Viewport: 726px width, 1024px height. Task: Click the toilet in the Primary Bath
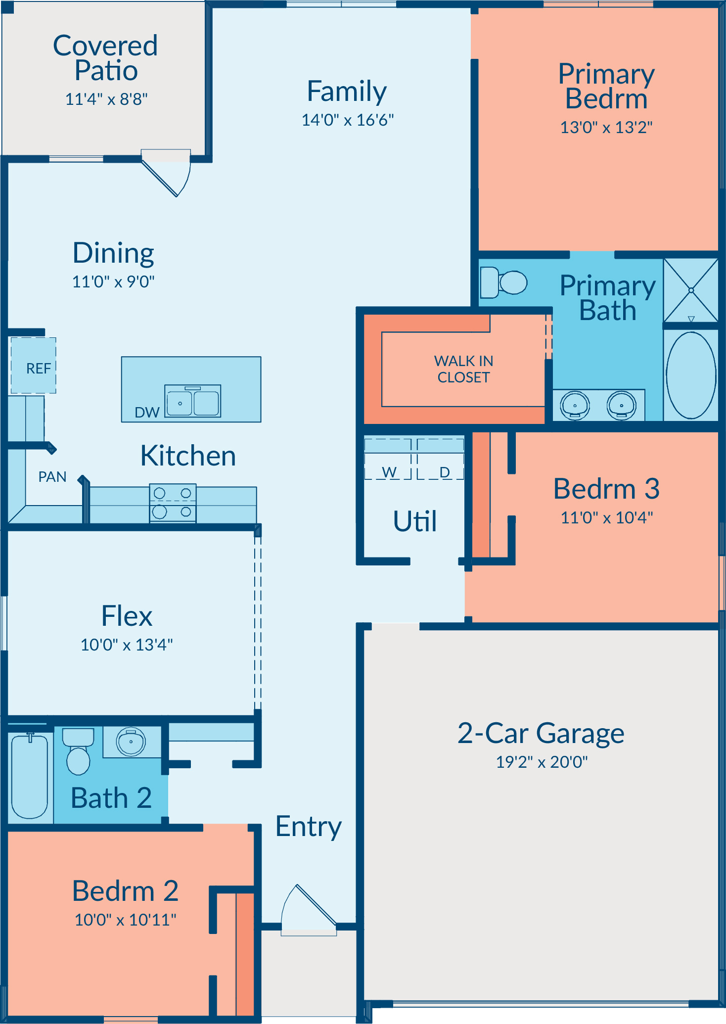click(x=503, y=282)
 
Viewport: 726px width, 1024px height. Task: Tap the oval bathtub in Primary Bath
click(x=691, y=375)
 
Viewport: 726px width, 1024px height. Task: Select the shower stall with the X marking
click(x=691, y=290)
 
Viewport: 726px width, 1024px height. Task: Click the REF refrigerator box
click(x=34, y=366)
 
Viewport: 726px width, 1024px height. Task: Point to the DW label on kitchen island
click(x=147, y=412)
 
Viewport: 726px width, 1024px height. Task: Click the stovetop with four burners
click(x=173, y=503)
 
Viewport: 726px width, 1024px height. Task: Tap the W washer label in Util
click(x=389, y=472)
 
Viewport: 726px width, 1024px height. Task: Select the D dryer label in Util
click(x=445, y=472)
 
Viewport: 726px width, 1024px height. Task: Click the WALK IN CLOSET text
click(x=463, y=369)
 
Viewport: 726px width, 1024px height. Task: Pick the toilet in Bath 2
click(x=78, y=751)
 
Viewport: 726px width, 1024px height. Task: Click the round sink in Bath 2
click(x=131, y=742)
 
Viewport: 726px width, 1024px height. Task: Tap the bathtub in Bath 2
click(x=30, y=776)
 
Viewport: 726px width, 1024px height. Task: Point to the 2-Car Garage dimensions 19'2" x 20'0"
click(x=542, y=762)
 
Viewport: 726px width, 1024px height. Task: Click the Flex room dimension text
click(x=127, y=645)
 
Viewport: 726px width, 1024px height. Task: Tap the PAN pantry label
click(x=52, y=476)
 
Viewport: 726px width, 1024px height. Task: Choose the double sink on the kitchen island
click(x=192, y=401)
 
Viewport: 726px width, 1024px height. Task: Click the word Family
click(x=347, y=92)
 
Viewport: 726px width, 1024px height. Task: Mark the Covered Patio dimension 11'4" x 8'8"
click(x=106, y=99)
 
